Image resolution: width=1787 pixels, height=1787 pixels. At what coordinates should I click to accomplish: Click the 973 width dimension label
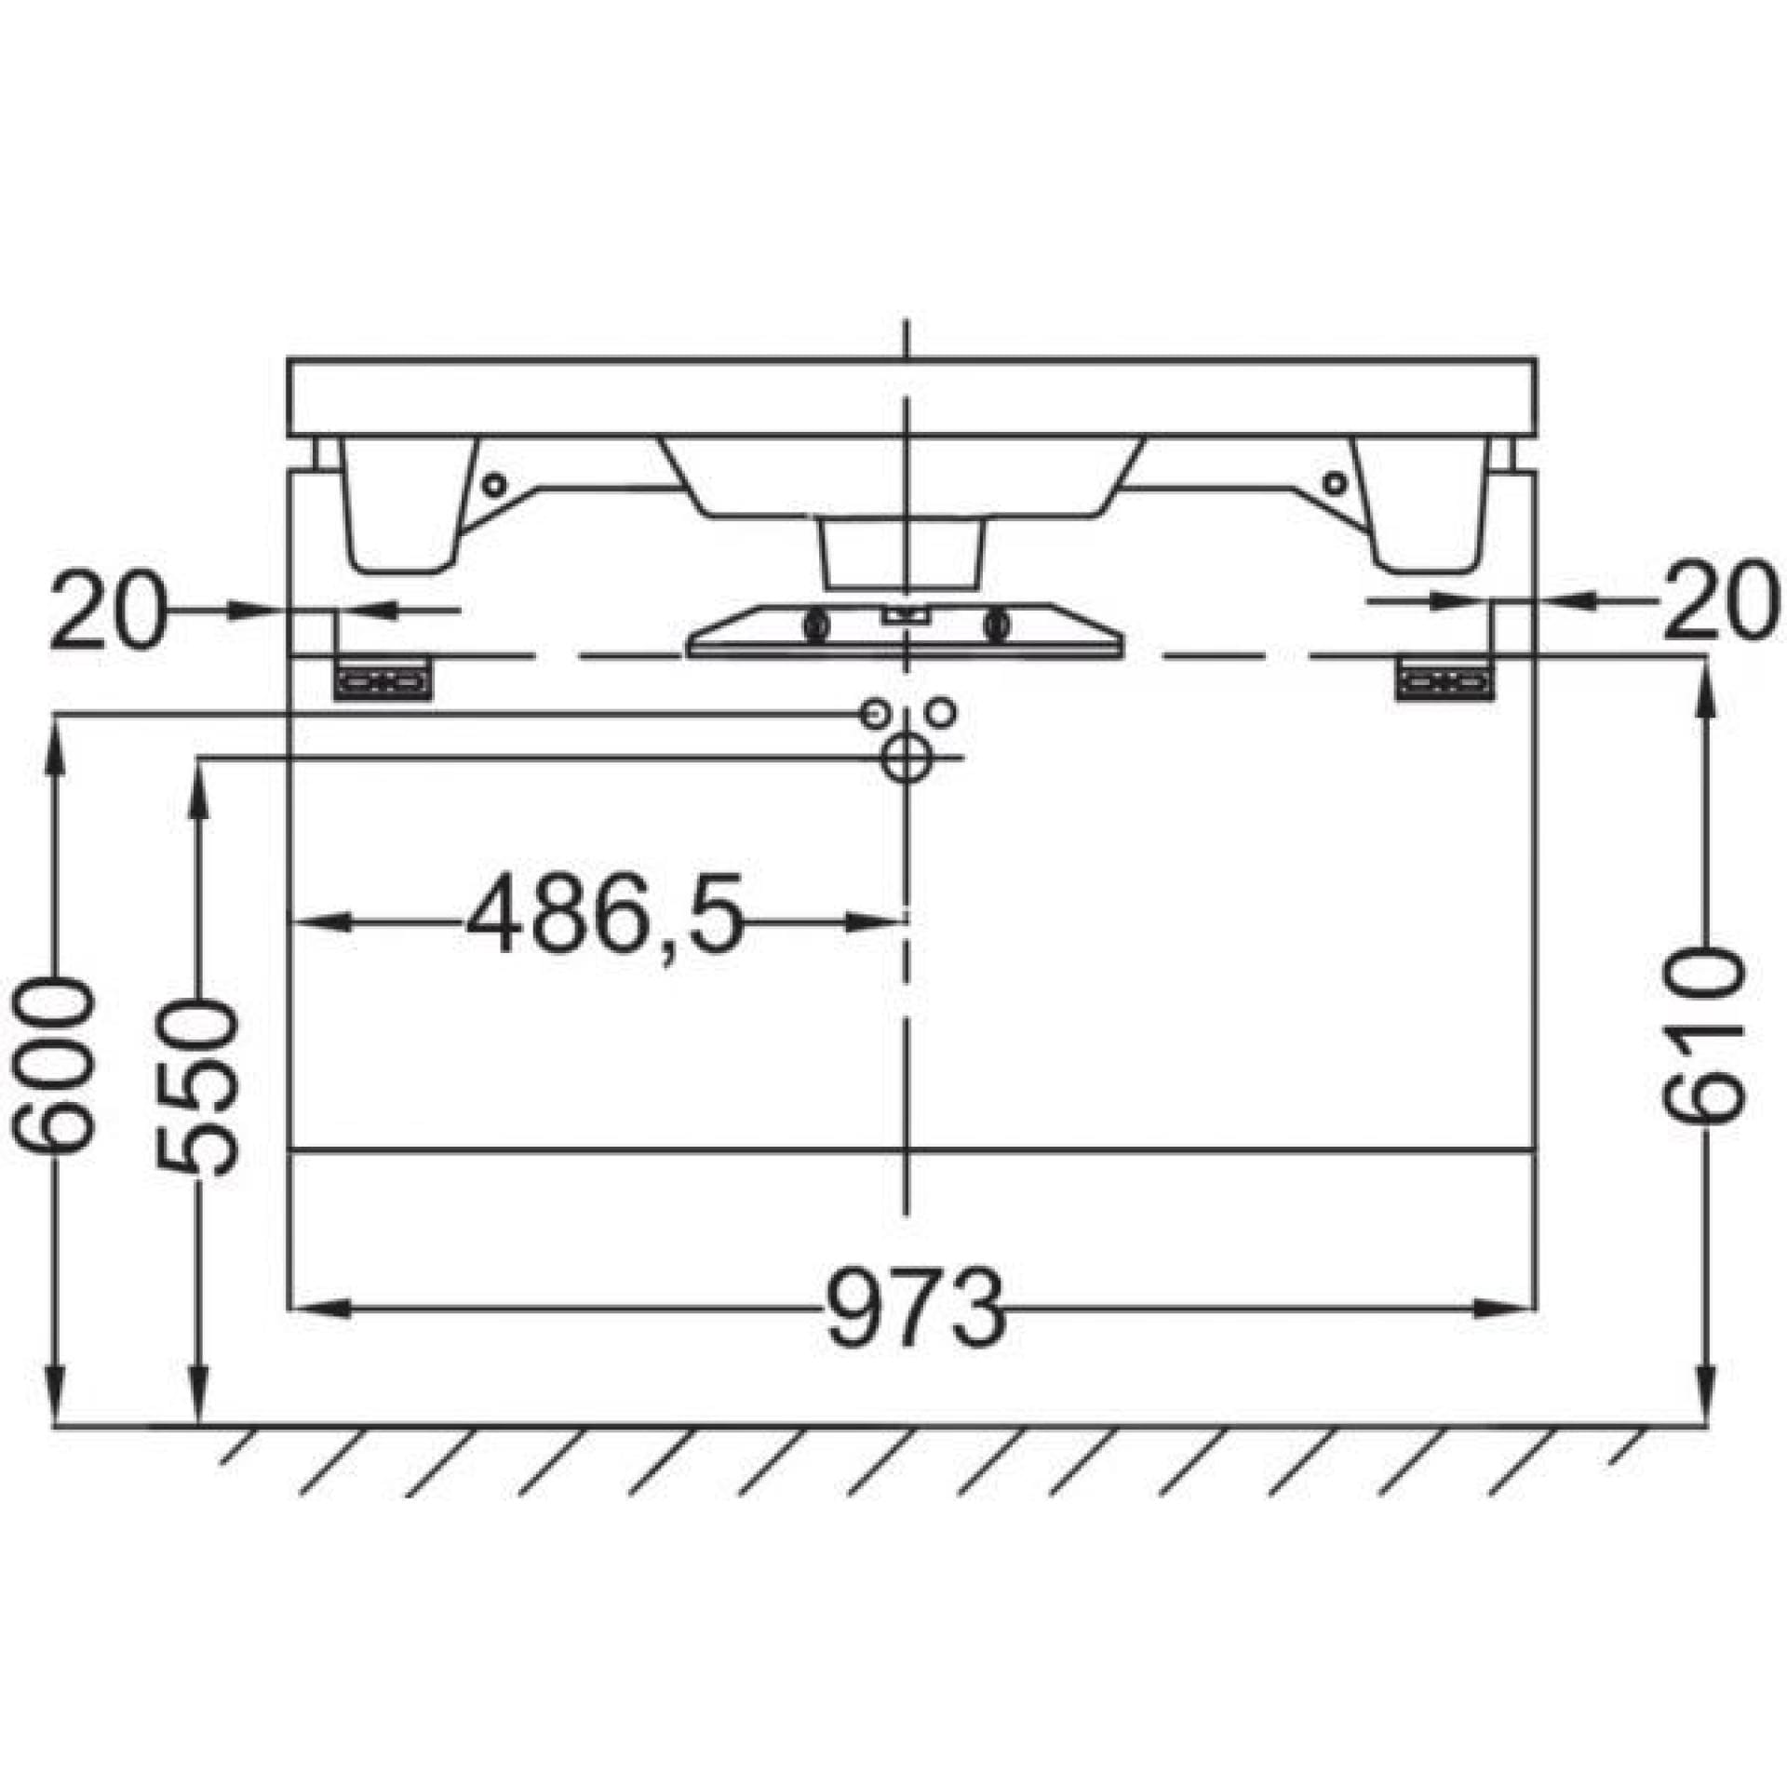pyautogui.click(x=916, y=1308)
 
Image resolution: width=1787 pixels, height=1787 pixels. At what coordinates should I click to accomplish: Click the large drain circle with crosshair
pyautogui.click(x=904, y=759)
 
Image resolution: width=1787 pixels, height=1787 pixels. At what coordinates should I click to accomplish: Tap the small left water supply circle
pyautogui.click(x=874, y=714)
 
